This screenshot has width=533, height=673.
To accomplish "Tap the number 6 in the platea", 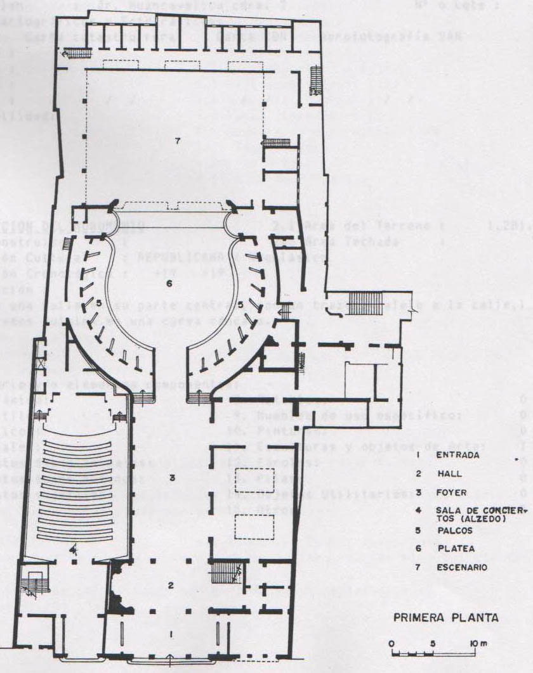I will click(x=169, y=283).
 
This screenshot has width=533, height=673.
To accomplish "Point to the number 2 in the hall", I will click(x=171, y=585).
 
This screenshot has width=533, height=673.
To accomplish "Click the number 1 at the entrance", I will click(x=169, y=634).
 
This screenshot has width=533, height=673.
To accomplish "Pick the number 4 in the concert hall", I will click(x=74, y=549).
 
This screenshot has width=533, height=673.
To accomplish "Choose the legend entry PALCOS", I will click(x=455, y=531).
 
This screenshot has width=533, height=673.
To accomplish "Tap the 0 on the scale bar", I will click(x=392, y=644).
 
